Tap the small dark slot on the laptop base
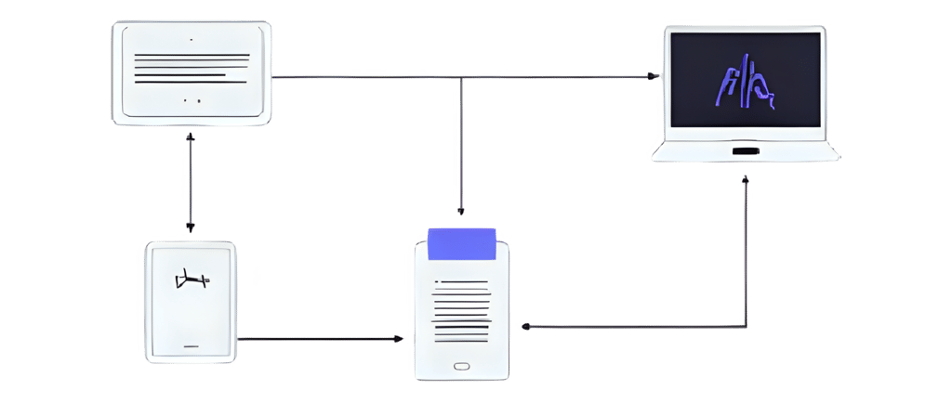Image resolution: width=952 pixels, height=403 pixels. click(x=745, y=150)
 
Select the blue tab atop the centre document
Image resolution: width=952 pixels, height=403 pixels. click(x=462, y=243)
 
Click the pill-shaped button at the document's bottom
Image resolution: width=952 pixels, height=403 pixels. click(x=462, y=366)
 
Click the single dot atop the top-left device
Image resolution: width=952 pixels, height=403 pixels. click(x=191, y=40)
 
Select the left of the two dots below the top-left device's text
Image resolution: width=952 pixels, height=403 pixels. click(x=186, y=99)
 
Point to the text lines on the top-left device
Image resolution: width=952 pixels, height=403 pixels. click(x=192, y=67)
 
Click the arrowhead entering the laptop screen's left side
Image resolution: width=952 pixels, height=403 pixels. click(x=656, y=77)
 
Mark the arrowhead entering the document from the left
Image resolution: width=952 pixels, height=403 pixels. click(x=404, y=340)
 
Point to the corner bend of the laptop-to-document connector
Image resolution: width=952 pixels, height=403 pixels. click(x=746, y=327)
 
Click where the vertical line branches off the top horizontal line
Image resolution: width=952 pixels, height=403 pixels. click(x=462, y=77)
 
